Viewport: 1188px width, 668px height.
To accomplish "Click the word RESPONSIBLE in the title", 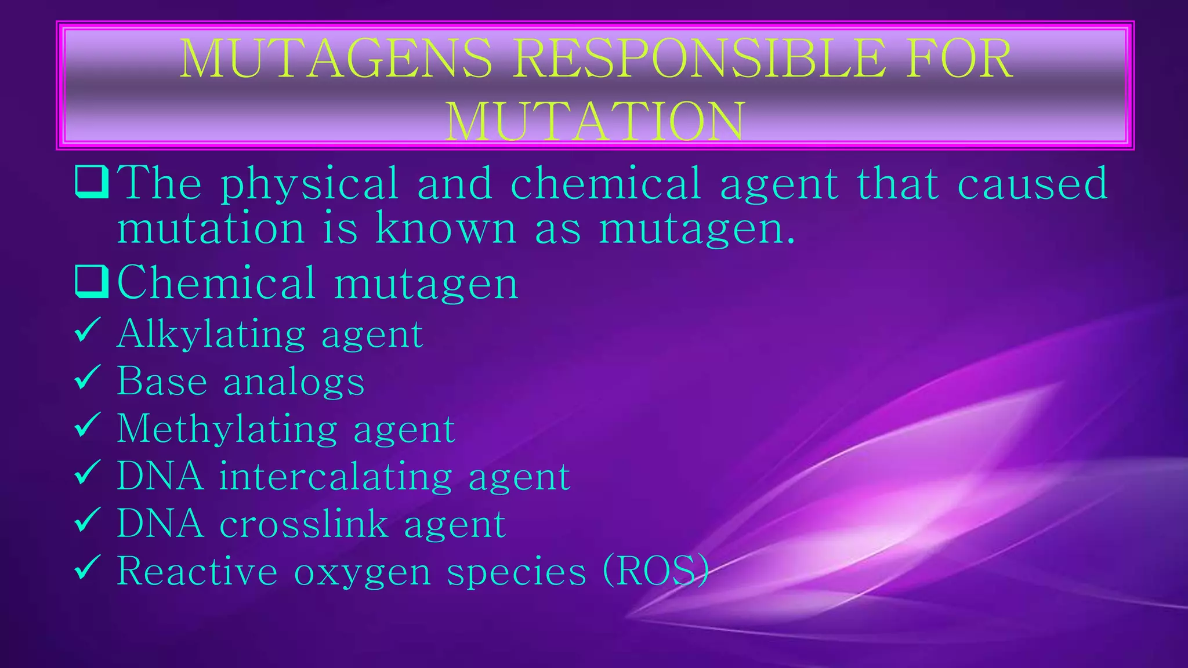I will tap(700, 58).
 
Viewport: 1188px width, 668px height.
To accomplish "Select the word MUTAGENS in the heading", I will tap(335, 58).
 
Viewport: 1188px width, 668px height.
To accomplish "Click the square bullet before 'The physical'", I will tap(92, 182).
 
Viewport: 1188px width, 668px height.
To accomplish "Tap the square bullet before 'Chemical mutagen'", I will tap(92, 282).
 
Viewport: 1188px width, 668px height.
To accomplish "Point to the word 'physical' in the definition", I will tap(309, 184).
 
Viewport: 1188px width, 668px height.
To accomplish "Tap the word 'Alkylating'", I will tap(211, 335).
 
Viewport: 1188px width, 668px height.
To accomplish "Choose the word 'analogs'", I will tap(294, 383).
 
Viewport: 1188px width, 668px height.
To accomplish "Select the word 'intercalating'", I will tap(335, 477).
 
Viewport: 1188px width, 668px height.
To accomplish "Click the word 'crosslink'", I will tap(303, 524).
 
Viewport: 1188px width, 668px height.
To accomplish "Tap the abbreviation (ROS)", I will tap(655, 571).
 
